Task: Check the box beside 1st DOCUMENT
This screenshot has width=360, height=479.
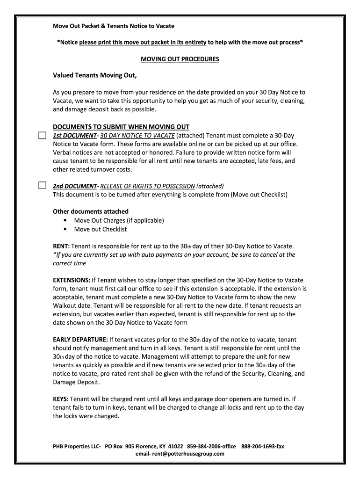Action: click(42, 136)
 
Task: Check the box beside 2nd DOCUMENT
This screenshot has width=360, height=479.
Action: click(42, 186)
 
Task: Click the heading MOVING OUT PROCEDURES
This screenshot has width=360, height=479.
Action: click(180, 59)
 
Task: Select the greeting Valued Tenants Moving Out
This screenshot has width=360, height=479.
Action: click(94, 76)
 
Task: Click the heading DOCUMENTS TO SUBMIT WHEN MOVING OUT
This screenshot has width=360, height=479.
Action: click(121, 127)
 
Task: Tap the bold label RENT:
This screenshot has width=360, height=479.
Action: click(61, 246)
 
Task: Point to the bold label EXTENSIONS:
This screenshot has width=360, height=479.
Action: click(72, 280)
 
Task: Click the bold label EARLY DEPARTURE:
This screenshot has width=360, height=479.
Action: click(80, 340)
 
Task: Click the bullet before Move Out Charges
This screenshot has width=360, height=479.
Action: click(64, 220)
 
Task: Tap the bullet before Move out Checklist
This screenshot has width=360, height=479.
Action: click(64, 229)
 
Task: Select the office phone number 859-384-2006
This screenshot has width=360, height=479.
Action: click(203, 446)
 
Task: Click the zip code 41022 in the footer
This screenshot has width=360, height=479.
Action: click(176, 446)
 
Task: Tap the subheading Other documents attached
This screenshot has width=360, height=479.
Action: click(91, 211)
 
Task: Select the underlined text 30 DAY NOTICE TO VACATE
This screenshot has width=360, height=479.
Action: click(135, 136)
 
